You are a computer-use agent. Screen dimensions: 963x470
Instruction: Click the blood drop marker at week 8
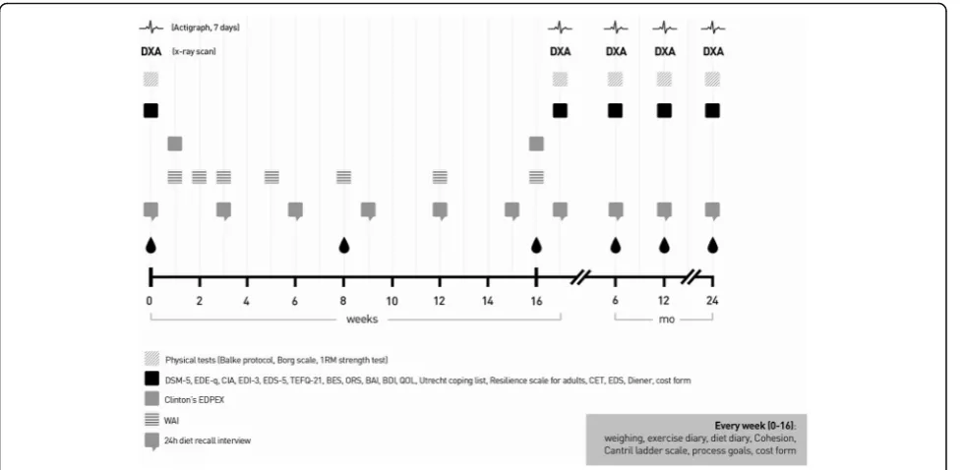pos(344,246)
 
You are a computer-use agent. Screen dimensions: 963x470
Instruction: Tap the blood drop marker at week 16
pos(537,246)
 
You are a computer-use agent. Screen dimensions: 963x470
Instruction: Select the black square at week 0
pos(150,110)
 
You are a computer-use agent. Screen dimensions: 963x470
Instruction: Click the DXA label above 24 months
pos(713,51)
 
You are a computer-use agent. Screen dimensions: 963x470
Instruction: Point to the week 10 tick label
pos(391,301)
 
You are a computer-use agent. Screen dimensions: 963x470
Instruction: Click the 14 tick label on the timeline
pos(488,301)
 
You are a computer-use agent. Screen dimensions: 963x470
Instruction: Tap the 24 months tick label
pos(712,301)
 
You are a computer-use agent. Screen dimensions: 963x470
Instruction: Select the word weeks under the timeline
pos(362,319)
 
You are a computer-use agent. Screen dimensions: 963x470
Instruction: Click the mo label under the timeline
pos(666,319)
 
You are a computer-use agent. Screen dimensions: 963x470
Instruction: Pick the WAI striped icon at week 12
pos(440,177)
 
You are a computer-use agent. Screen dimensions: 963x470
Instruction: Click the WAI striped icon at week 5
pos(271,177)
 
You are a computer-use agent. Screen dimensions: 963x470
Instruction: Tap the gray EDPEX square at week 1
pos(174,144)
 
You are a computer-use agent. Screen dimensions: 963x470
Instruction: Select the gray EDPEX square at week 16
pos(536,144)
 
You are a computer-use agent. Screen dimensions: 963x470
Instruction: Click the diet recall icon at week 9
pos(368,210)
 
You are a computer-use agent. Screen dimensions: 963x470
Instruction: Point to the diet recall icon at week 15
pos(512,210)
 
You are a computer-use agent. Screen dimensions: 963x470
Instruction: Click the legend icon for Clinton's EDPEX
pos(151,399)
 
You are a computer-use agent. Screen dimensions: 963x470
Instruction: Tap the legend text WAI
pos(172,420)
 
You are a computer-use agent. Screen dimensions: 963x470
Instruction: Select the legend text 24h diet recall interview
pos(208,441)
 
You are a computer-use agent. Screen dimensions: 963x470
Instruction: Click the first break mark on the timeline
pos(579,277)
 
